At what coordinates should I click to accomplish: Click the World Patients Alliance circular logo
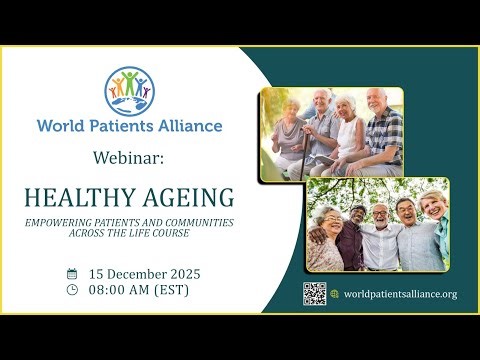tap(130, 90)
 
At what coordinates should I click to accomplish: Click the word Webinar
tap(129, 157)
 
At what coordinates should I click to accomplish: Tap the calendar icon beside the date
tap(72, 273)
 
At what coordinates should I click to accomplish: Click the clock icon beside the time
tap(72, 290)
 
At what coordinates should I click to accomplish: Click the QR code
tap(315, 293)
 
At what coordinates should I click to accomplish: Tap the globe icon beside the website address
tap(335, 293)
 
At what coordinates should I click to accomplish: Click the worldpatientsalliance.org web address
tap(400, 294)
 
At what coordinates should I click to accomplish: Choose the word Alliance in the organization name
tap(190, 126)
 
